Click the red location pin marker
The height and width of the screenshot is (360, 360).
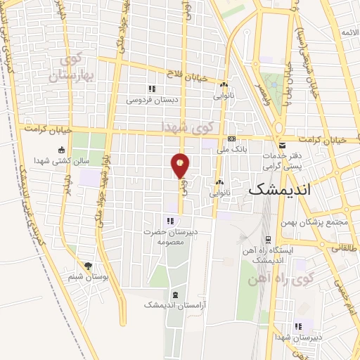[x=181, y=165]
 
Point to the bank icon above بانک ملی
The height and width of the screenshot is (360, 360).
[x=231, y=139]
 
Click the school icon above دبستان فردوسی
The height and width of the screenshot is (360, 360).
[x=150, y=89]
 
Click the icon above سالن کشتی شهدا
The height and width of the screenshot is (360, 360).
[x=62, y=149]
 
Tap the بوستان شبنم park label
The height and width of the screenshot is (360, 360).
[x=88, y=277]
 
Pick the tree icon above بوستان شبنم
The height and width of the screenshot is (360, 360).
[x=88, y=266]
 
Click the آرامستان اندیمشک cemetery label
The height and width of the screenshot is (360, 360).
[x=172, y=304]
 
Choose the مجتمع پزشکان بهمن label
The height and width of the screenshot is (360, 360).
[x=319, y=224]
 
